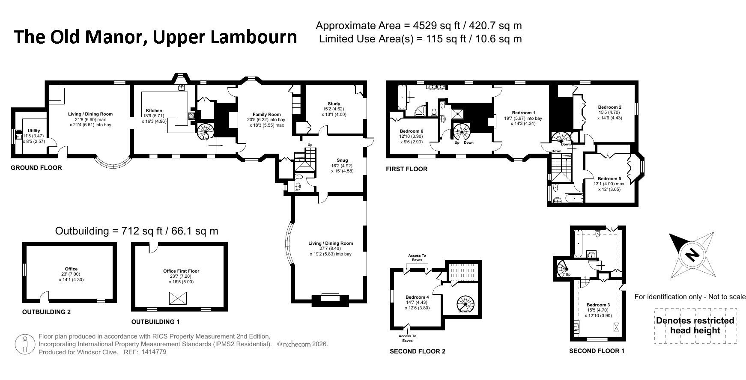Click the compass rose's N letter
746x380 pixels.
tap(690, 255)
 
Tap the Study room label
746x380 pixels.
tap(334, 104)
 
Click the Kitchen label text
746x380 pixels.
tap(154, 111)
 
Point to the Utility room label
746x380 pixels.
tap(34, 131)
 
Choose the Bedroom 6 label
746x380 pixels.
tap(412, 131)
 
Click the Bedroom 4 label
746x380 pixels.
tap(417, 297)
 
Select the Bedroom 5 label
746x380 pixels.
tap(609, 179)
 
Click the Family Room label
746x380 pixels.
tap(267, 115)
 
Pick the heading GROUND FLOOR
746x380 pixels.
tap(36, 168)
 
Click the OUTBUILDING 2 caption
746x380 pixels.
tap(46, 312)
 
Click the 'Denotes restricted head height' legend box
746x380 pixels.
tap(695, 326)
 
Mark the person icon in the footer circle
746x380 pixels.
tap(25, 344)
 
